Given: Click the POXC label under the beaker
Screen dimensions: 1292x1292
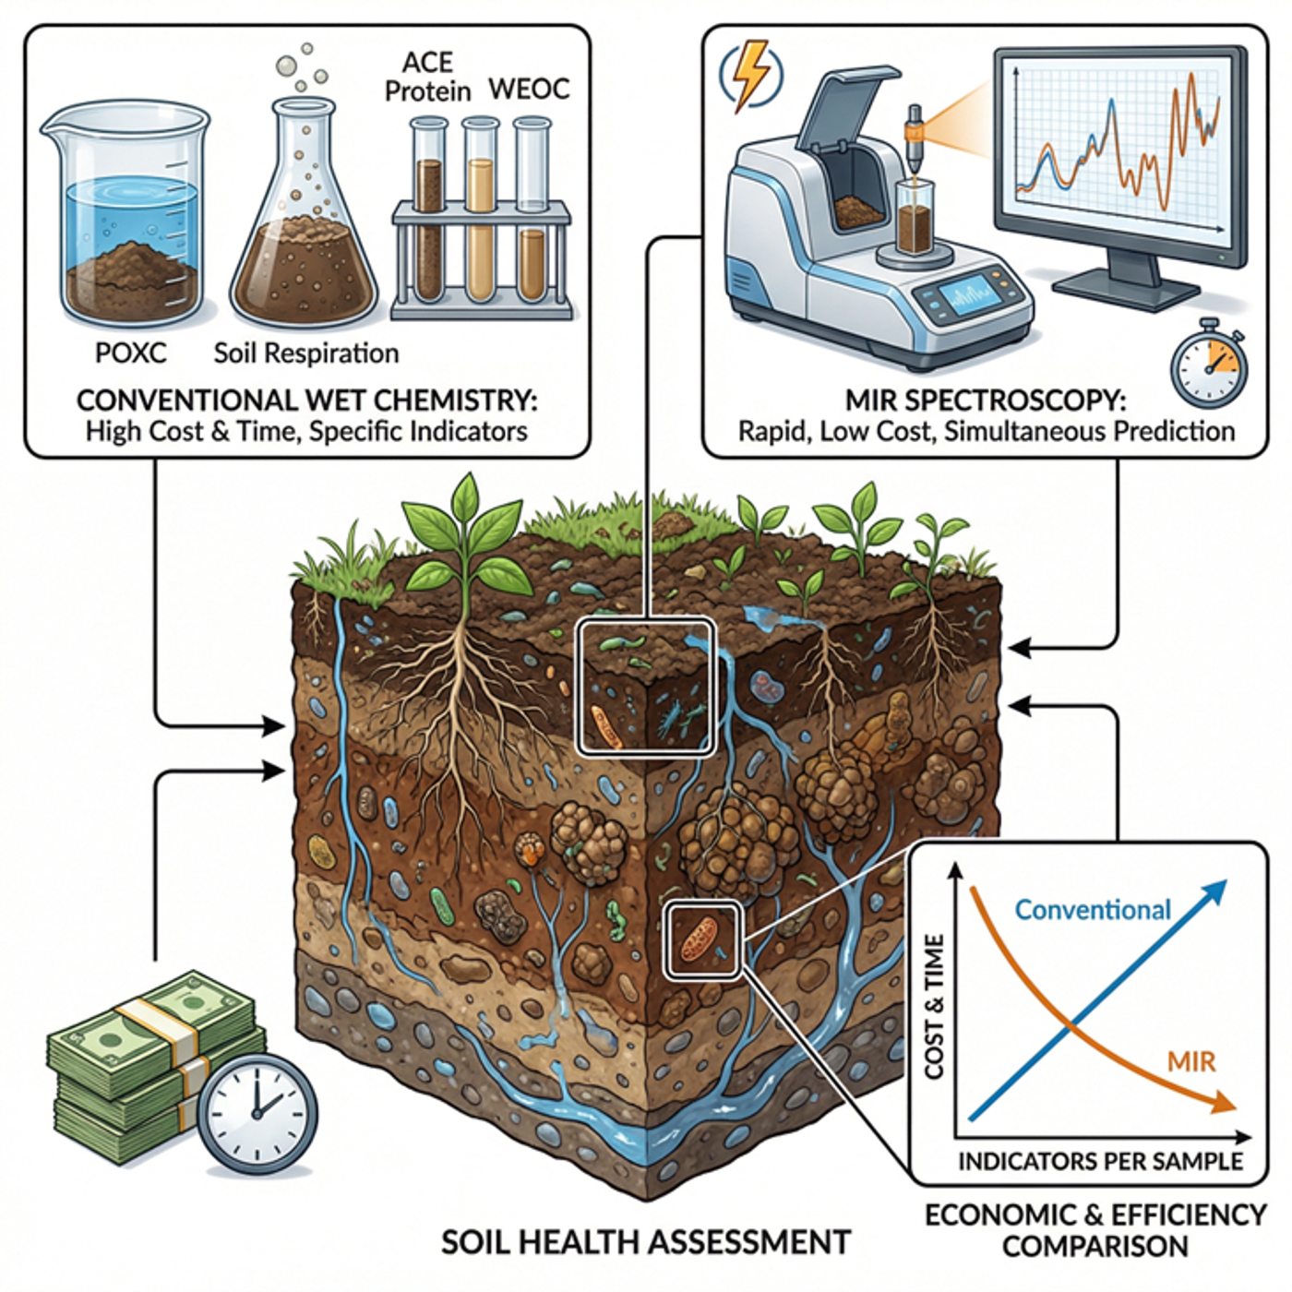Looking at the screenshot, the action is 131,353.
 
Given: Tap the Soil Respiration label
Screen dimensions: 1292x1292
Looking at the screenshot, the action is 306,353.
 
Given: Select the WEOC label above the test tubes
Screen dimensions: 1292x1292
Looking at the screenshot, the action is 529,90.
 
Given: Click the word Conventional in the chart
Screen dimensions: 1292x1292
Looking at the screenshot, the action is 1093,910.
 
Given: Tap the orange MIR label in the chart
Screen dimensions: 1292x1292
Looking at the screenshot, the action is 1191,1061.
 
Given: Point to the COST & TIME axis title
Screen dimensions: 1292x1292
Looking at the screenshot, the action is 935,1006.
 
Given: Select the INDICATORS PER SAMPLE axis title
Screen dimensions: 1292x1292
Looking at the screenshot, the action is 1100,1161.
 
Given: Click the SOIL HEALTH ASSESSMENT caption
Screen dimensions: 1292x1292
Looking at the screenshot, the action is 645,1242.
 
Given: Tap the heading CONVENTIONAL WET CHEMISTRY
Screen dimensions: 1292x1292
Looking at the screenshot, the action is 306,401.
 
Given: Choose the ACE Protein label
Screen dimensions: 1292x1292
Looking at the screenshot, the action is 427,77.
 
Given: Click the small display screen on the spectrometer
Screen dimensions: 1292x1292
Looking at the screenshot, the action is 968,296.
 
